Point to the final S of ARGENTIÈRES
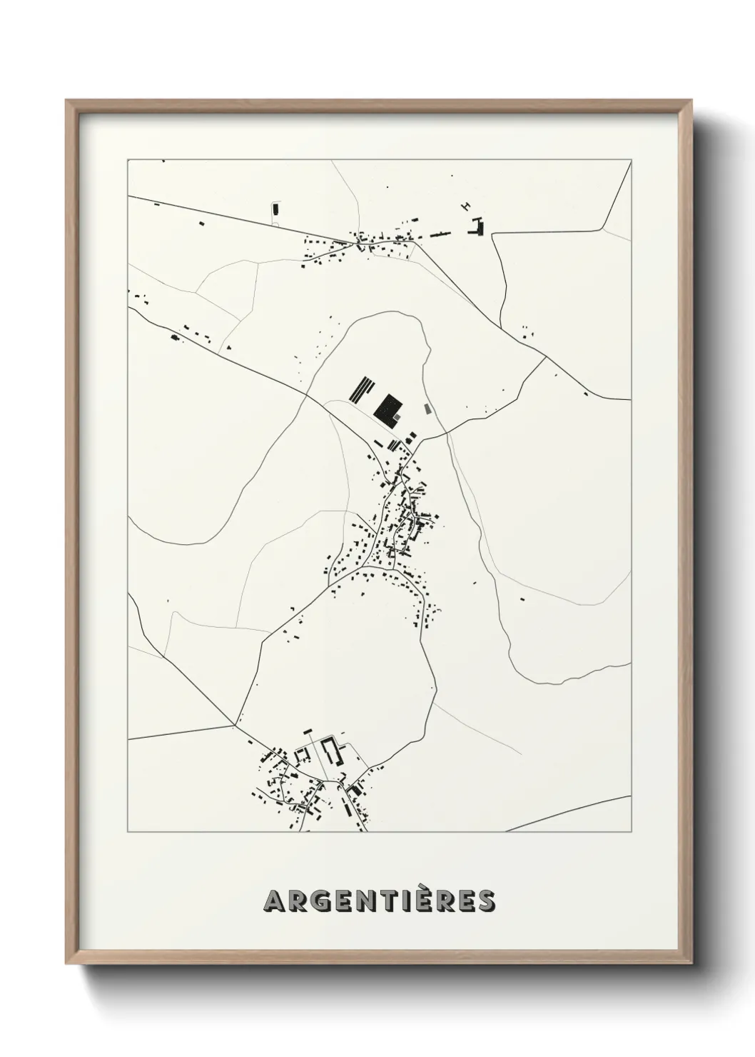485,901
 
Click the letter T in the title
392,901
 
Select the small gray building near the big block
427,409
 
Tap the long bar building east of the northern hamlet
440,232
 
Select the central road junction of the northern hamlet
362,244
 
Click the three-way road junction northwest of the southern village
235,725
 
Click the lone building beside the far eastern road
586,394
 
